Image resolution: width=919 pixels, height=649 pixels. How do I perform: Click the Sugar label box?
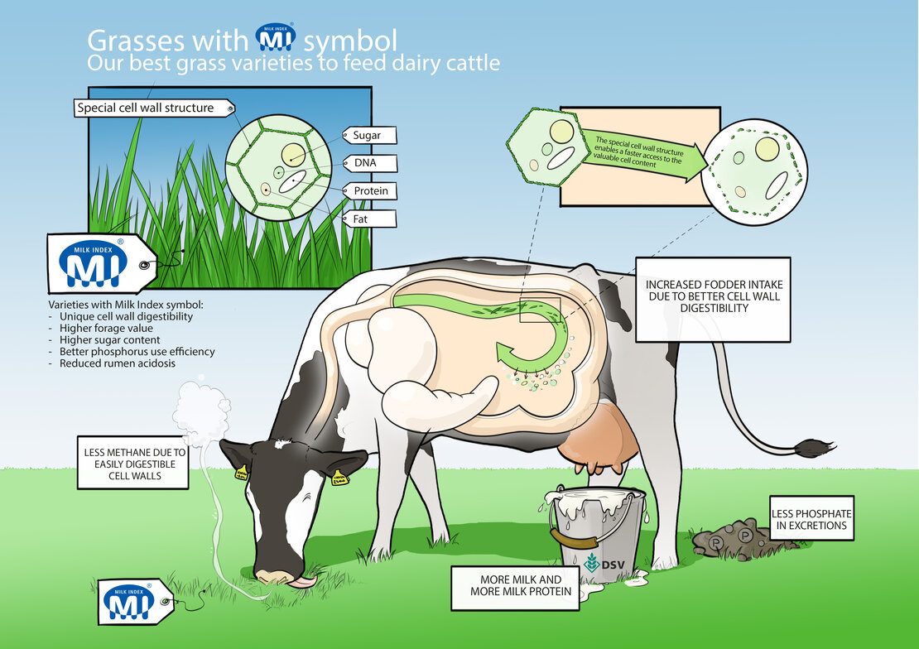368,135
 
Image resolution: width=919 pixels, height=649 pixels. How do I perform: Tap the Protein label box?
371,191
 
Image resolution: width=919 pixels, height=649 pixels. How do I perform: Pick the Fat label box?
368,219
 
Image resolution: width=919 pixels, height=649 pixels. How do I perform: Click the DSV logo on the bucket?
606,562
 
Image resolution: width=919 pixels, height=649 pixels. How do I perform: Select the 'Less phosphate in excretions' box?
811,518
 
